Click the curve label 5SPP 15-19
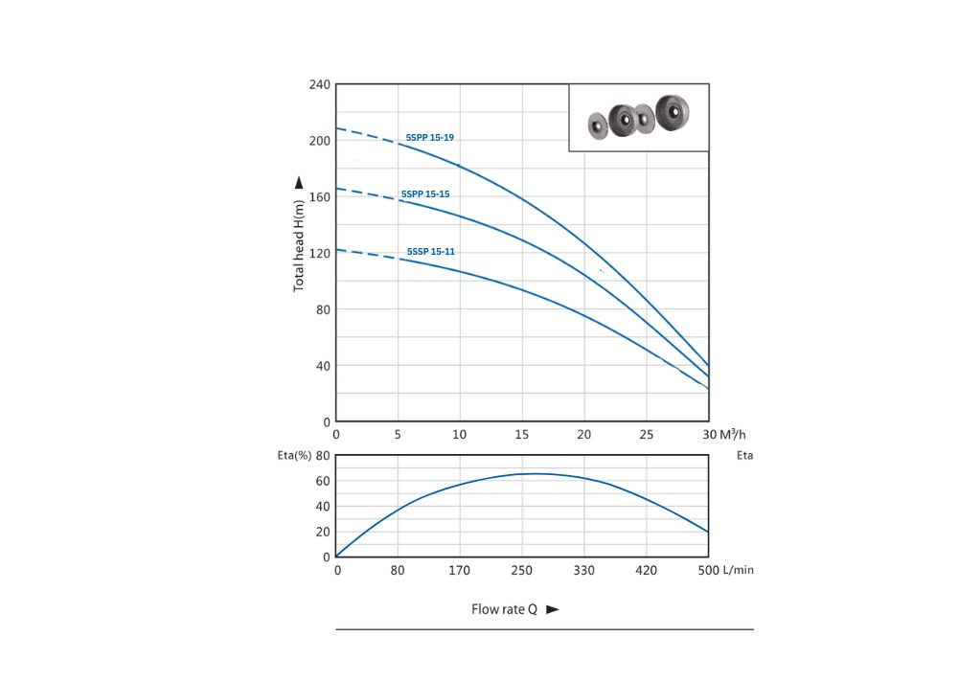pos(429,138)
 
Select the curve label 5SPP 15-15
pos(425,194)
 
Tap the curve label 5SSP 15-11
pos(430,251)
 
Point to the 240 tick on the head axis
pos(319,84)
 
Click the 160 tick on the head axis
pos(319,197)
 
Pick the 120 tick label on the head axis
pos(319,254)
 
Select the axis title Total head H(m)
pos(299,244)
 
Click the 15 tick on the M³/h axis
pos(522,435)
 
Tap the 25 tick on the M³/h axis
pos(647,435)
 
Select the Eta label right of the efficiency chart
pos(744,456)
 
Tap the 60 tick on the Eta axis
pos(324,481)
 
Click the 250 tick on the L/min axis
pos(522,570)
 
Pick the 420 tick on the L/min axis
pos(647,570)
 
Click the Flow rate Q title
pos(504,609)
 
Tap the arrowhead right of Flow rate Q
pos(552,609)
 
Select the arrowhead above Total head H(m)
pos(299,182)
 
